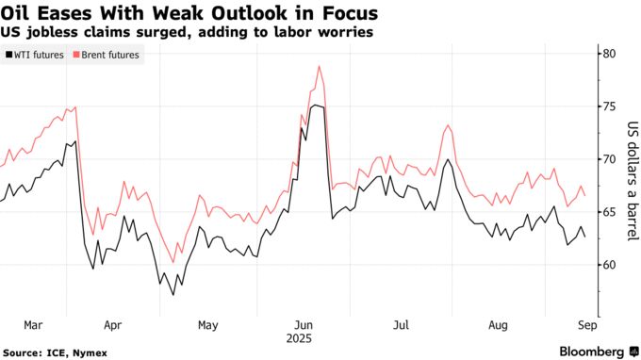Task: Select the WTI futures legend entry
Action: [x=39, y=55]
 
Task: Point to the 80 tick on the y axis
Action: [x=609, y=54]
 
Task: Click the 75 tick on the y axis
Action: [x=609, y=106]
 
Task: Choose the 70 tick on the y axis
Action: [x=609, y=159]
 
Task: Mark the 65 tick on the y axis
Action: [x=609, y=212]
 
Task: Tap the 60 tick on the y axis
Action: [x=609, y=265]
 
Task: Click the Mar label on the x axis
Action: [x=33, y=324]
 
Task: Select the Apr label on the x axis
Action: [x=112, y=324]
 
